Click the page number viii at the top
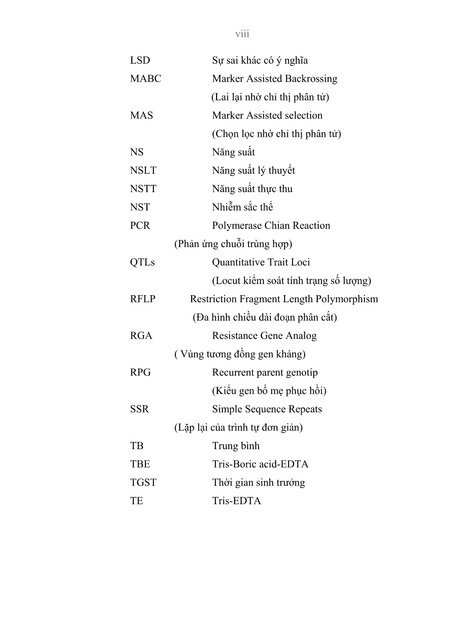tap(242, 34)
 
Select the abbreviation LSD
tap(140, 61)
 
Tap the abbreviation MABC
tap(145, 79)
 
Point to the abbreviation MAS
tap(141, 116)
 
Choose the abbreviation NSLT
tap(143, 171)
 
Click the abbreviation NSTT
tap(143, 189)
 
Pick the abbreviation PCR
tap(140, 226)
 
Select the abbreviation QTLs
tap(142, 263)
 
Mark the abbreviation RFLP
tap(143, 299)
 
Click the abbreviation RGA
tap(141, 336)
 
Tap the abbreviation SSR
tap(139, 410)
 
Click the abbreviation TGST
tap(143, 483)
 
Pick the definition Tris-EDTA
tap(236, 502)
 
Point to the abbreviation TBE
tap(140, 465)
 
